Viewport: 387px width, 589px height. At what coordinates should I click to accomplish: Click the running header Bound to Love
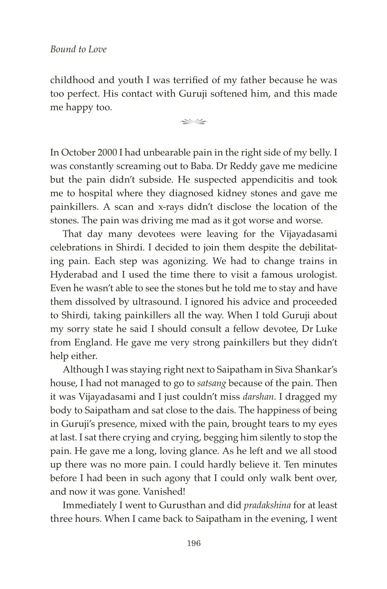[x=78, y=49]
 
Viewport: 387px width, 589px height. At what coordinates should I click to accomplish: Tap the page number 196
[x=194, y=543]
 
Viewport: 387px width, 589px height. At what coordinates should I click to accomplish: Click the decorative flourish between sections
[x=193, y=122]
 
